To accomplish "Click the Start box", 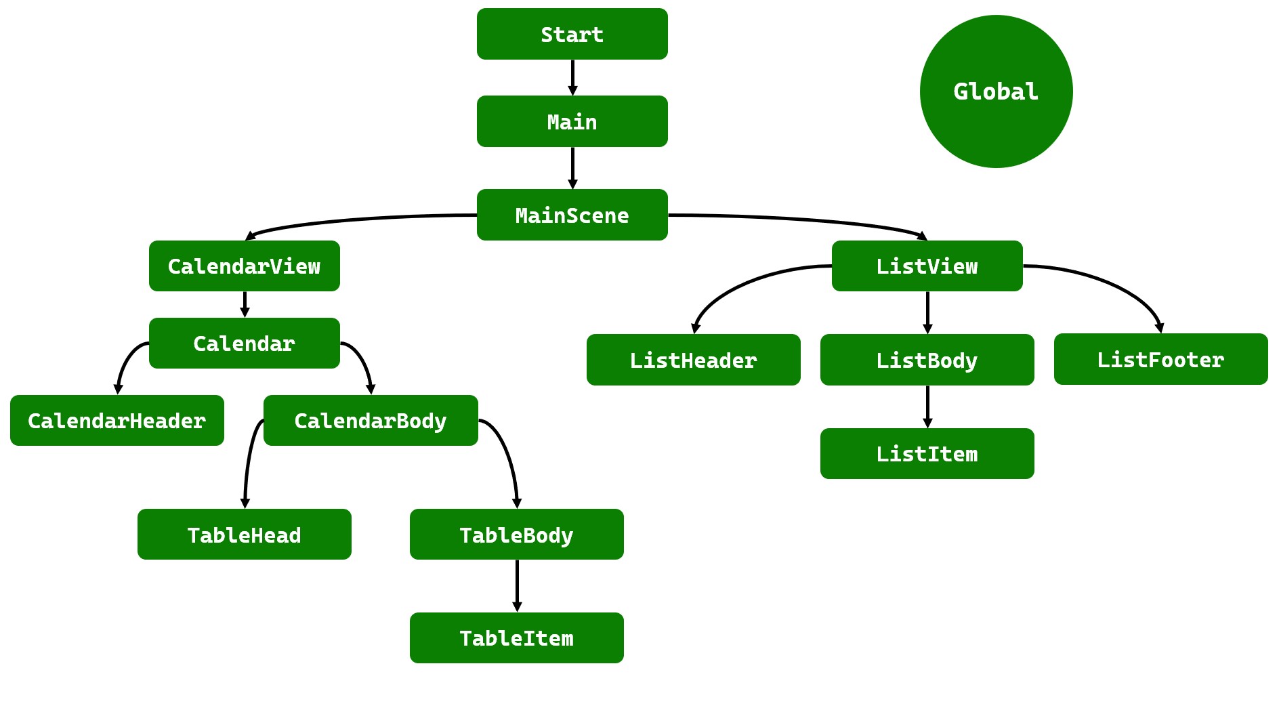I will click(x=572, y=34).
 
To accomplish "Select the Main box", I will click(x=572, y=121).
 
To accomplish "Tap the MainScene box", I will click(x=572, y=215).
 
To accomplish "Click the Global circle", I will click(x=996, y=91).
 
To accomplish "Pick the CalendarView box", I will click(x=244, y=266).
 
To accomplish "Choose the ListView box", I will click(x=927, y=266).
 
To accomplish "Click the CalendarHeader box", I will click(x=117, y=420).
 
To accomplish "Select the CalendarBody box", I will click(x=370, y=420).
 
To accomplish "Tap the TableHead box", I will click(x=244, y=534).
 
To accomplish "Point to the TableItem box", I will click(x=516, y=638).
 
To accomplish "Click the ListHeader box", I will click(x=693, y=360).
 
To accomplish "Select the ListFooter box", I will click(x=1160, y=359).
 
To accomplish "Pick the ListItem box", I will click(x=927, y=453).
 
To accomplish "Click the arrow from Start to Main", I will click(x=572, y=77).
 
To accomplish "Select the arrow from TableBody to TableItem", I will click(x=517, y=585).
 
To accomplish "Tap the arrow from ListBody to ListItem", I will click(x=927, y=406).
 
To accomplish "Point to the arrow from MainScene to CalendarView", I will click(x=359, y=219).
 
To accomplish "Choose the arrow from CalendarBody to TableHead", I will click(x=249, y=461).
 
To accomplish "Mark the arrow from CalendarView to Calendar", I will click(x=245, y=304).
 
